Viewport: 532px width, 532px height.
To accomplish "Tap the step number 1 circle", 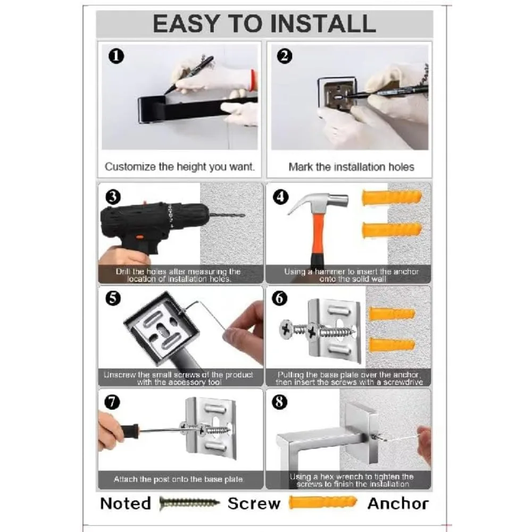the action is [116, 56].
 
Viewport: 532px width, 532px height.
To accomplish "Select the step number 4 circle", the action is [281, 197].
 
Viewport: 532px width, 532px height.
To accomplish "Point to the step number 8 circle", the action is [280, 402].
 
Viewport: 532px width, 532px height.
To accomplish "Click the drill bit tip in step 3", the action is [244, 215].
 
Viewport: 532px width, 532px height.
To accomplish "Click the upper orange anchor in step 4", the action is [392, 197].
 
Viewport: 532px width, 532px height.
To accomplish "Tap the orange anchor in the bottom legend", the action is [323, 503].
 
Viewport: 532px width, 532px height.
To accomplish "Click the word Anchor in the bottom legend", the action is [398, 503].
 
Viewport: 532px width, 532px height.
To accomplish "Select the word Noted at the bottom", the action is [126, 503].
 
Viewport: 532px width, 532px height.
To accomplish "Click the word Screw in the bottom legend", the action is [254, 503].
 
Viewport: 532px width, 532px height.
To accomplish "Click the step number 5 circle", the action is [113, 298].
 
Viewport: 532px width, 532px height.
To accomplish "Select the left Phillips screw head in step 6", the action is [286, 329].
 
